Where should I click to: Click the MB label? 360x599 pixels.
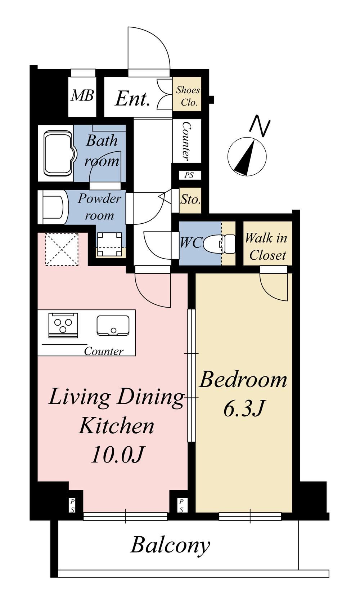click(82, 95)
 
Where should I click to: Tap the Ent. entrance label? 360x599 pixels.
click(132, 99)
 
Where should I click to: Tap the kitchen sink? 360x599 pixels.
click(113, 326)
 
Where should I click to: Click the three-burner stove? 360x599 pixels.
click(63, 326)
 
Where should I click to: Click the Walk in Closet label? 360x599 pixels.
click(266, 247)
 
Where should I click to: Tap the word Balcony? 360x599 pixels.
click(170, 545)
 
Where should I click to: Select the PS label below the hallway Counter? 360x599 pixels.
click(189, 175)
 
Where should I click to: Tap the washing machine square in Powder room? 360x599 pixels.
click(109, 244)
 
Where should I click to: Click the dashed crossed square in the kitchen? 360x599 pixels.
click(62, 249)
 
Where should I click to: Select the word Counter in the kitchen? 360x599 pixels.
click(104, 351)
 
